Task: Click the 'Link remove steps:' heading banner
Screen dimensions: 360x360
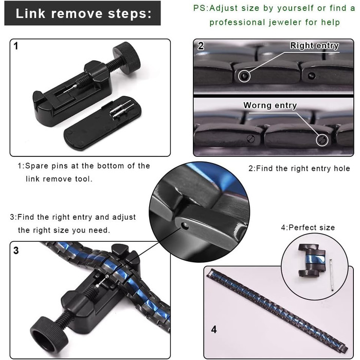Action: [x=82, y=13]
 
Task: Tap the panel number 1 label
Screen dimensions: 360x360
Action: [x=15, y=46]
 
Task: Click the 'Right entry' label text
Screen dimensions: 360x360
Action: [x=314, y=45]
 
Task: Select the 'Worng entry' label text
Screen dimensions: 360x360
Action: [x=270, y=105]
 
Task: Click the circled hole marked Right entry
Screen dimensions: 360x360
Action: [x=244, y=76]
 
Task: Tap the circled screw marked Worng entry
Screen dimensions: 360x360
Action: [x=322, y=139]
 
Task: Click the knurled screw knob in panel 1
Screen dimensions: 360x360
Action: [x=127, y=58]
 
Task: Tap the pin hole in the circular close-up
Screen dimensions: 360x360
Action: [x=184, y=226]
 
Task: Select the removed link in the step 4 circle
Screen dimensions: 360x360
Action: [x=312, y=260]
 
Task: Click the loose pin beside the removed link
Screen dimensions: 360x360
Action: [x=332, y=275]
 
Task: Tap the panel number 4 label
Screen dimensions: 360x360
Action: [x=214, y=330]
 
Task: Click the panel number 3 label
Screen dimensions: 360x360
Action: [x=16, y=250]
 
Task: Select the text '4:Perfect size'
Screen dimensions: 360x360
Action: [x=308, y=227]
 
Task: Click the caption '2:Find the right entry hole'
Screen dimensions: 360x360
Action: [x=299, y=169]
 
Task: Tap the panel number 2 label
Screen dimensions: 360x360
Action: [x=201, y=46]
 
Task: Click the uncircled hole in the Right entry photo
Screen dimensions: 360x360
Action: [x=311, y=75]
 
